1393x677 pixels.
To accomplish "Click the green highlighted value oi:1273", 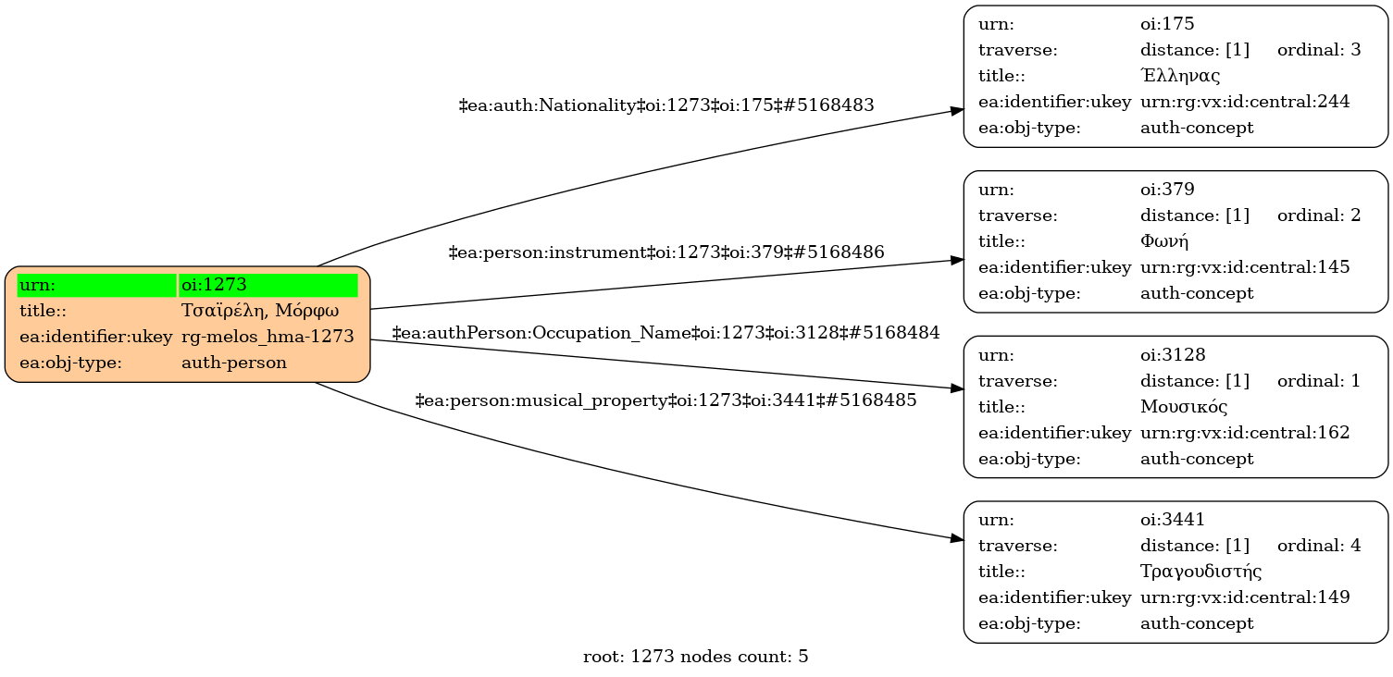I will [214, 285].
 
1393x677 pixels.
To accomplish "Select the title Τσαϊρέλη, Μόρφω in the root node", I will [260, 311].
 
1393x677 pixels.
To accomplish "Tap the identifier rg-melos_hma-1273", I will [267, 337].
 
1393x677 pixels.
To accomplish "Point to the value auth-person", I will [234, 363].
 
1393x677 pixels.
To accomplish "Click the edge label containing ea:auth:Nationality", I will [666, 105].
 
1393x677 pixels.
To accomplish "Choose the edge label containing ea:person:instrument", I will [666, 252].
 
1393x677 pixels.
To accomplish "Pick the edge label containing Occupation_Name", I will [666, 332].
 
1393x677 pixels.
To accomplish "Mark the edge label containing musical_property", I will [666, 400].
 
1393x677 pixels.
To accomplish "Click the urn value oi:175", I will [1161, 24].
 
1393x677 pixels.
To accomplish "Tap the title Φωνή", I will [1164, 241].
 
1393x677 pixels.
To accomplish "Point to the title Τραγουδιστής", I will [1200, 572].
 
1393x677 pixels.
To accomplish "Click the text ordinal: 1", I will [1319, 381].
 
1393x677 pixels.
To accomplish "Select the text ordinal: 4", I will [1319, 546].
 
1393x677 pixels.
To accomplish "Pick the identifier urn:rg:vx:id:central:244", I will [1245, 102].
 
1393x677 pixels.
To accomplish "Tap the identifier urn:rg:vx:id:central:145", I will [1245, 267].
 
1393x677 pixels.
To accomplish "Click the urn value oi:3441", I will [1165, 520].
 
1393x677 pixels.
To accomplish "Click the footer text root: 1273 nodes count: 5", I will [696, 658].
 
